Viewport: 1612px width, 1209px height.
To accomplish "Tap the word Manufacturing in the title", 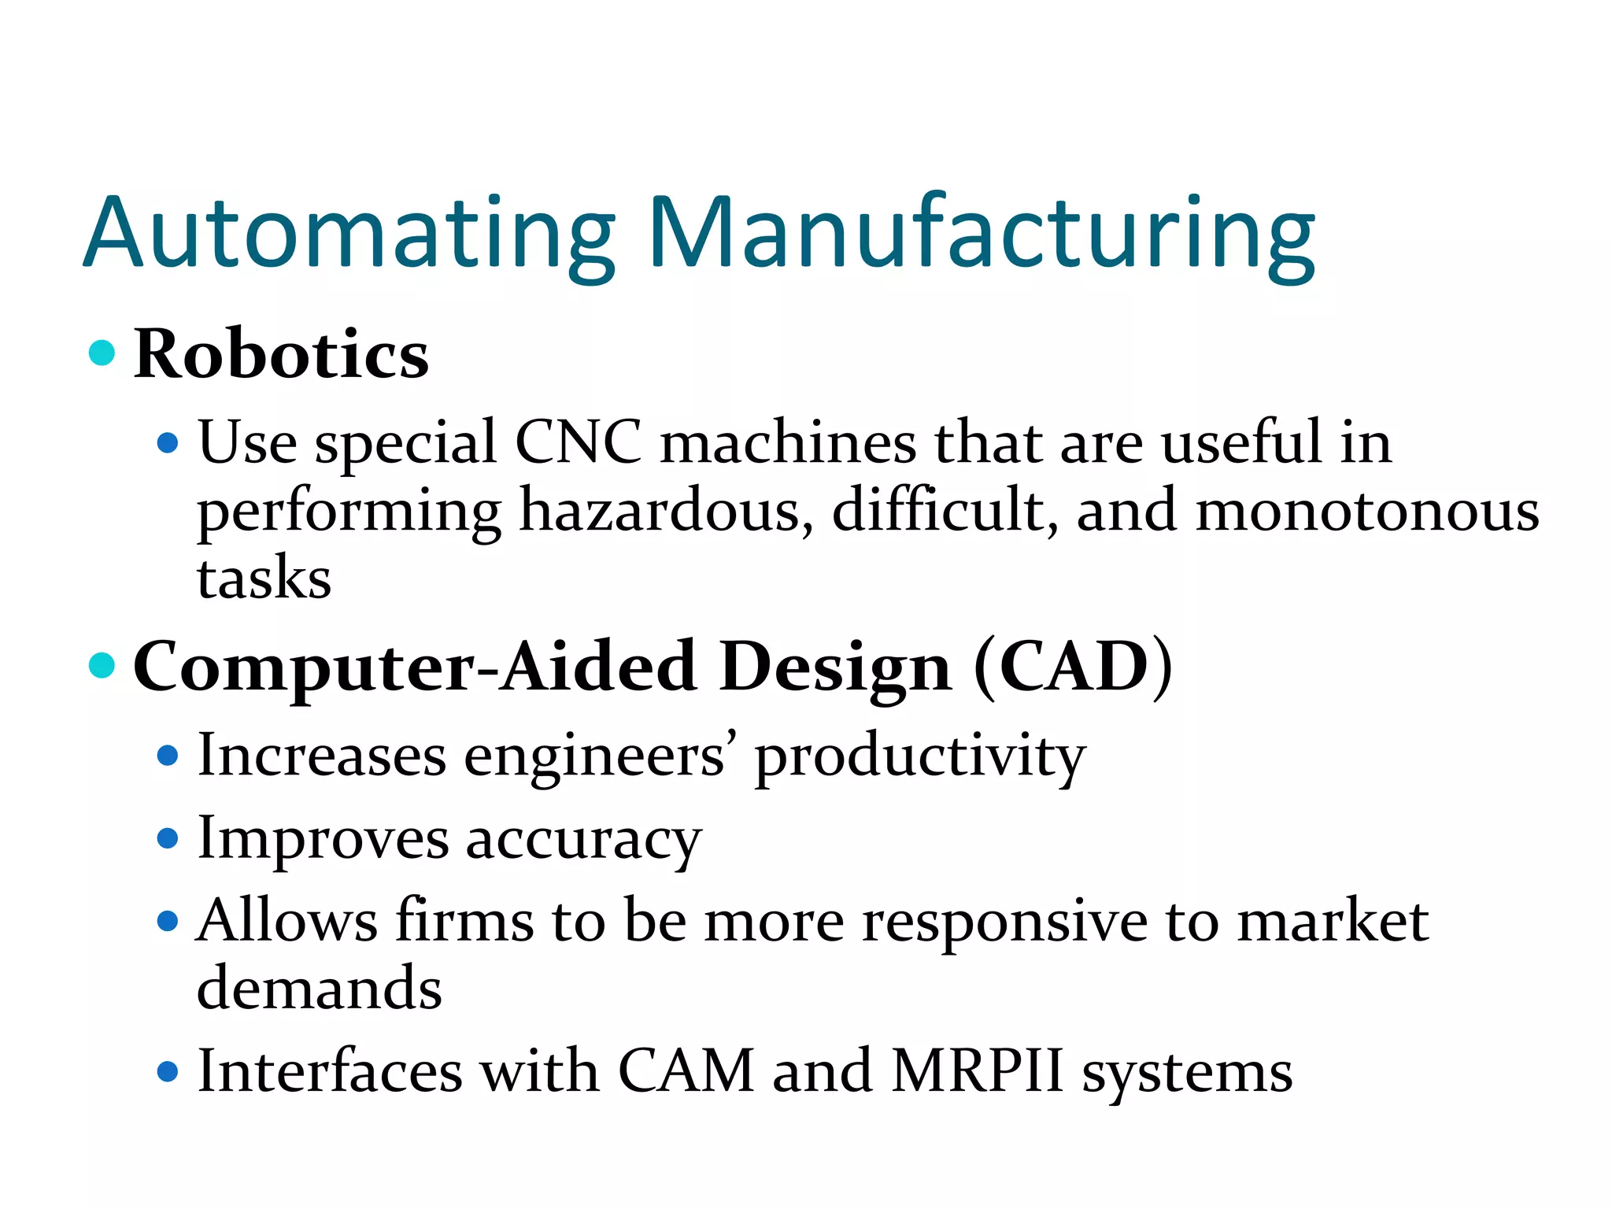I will point(981,235).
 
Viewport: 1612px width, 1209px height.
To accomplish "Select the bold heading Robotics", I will point(281,354).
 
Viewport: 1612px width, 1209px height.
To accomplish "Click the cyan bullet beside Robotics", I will point(102,352).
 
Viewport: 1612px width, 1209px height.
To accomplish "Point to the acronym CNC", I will point(578,442).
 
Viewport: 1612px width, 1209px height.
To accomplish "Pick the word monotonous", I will point(1366,510).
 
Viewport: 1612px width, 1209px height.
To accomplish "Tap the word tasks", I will point(264,579).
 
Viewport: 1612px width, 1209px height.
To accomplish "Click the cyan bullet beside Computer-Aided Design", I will point(102,665).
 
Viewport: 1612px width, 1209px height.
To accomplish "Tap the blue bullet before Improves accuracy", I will point(168,838).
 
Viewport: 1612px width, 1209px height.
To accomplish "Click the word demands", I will point(320,988).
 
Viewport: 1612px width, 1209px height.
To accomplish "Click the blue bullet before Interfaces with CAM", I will point(168,1071).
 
